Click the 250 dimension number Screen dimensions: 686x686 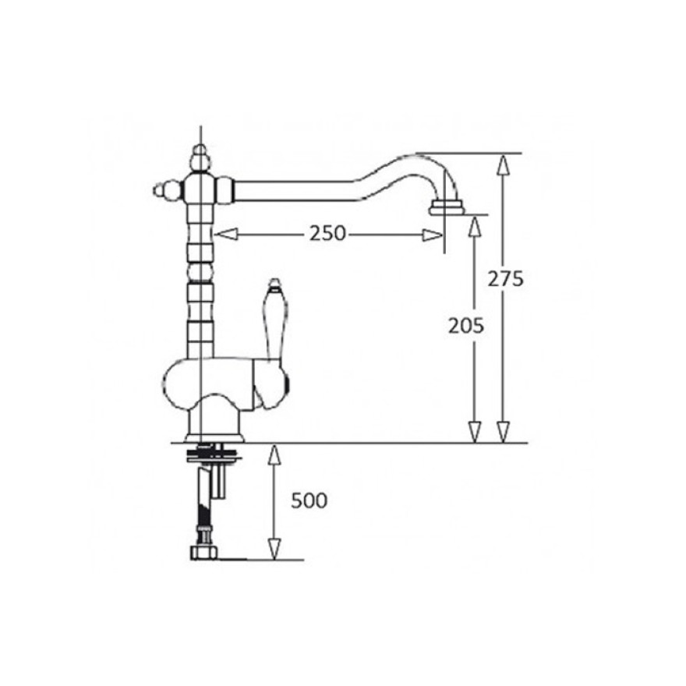click(327, 234)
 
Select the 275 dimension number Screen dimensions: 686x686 click(505, 279)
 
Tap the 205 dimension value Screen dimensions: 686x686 click(465, 326)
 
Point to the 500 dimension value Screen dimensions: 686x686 click(309, 500)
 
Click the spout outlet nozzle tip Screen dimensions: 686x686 click(446, 208)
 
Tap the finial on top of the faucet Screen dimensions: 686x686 click(200, 158)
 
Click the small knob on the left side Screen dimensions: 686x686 click(167, 191)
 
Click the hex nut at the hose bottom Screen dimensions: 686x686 click(204, 552)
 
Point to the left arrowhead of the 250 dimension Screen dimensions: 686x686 click(226, 234)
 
